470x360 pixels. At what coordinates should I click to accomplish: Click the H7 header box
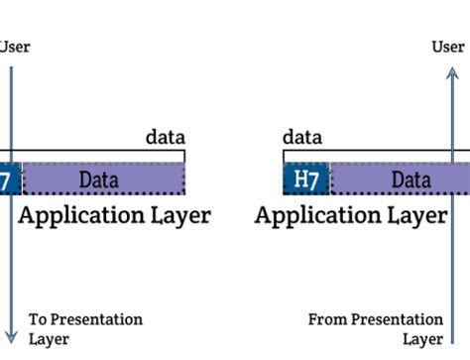pyautogui.click(x=306, y=180)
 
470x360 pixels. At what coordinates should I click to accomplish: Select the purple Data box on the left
pyautogui.click(x=102, y=180)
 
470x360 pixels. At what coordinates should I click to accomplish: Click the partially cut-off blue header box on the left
pyautogui.click(x=9, y=180)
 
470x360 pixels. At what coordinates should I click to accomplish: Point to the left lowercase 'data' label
pyautogui.click(x=165, y=137)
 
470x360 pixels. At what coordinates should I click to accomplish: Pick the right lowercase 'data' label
pyautogui.click(x=302, y=137)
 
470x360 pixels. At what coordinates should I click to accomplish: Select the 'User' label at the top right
pyautogui.click(x=448, y=47)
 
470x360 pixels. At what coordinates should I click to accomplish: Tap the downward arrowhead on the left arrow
pyautogui.click(x=10, y=338)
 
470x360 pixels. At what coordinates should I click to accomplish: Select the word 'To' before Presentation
pyautogui.click(x=38, y=319)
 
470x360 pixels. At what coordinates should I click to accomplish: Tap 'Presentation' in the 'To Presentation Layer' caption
pyautogui.click(x=97, y=319)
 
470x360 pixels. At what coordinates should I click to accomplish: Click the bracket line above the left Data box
pyautogui.click(x=99, y=152)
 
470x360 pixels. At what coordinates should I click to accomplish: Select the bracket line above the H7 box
pyautogui.click(x=306, y=152)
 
